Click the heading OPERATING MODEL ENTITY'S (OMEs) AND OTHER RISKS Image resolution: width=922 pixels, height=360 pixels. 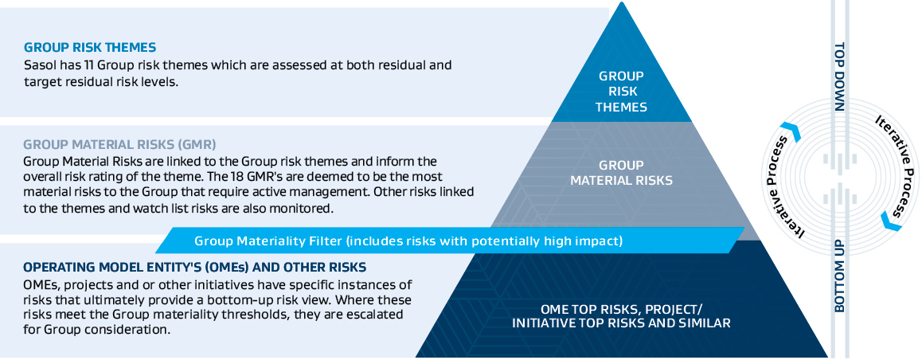tap(194, 268)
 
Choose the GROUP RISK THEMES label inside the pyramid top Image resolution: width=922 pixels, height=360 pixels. tap(621, 92)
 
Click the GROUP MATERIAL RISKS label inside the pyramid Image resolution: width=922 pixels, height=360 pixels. tap(621, 173)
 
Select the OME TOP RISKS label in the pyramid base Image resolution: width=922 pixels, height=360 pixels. tap(621, 316)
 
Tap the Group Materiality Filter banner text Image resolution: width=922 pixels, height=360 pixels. tap(408, 241)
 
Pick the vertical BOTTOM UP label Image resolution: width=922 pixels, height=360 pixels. tap(839, 276)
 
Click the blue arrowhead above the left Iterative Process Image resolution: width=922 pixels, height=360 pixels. tap(791, 132)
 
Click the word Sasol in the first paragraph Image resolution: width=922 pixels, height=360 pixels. tap(38, 65)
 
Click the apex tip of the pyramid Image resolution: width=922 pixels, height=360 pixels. tap(622, 2)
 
